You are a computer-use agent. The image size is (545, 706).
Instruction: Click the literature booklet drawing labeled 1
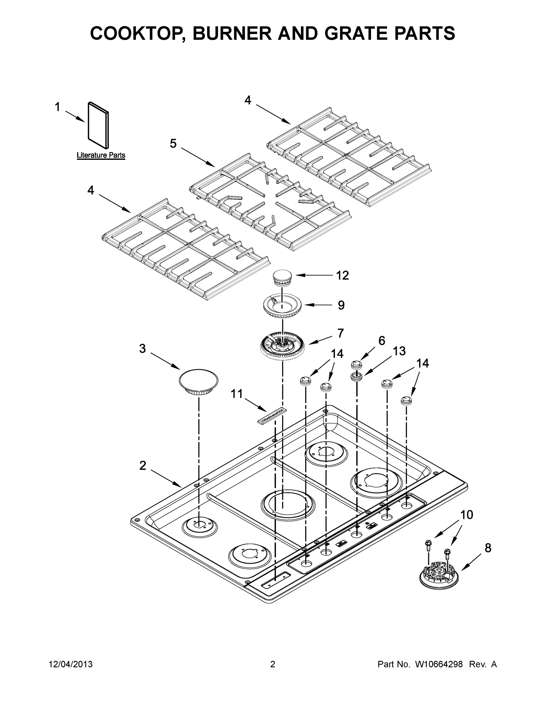coord(98,125)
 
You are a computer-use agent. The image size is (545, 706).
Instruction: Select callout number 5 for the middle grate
coord(173,144)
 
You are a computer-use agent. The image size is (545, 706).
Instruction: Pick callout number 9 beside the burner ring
coord(341,305)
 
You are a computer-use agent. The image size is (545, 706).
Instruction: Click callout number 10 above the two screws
coord(466,514)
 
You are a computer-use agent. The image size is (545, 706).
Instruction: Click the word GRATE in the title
coord(362,33)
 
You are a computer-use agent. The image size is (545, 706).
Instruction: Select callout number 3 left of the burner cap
coord(142,349)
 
